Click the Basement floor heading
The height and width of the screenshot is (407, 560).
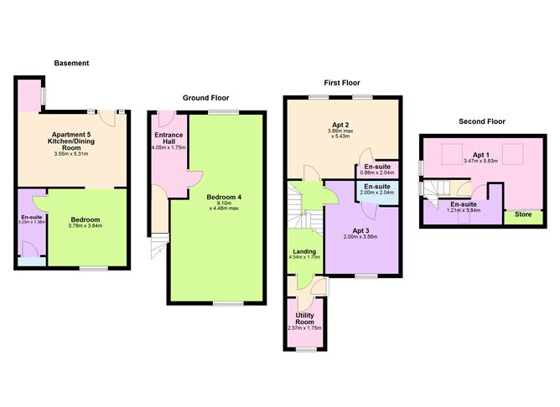pos(71,64)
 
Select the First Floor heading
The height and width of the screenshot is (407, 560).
pos(342,82)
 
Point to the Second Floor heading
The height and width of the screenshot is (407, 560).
pos(481,121)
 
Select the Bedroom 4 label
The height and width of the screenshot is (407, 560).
pos(223,197)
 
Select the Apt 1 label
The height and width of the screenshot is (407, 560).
pos(480,155)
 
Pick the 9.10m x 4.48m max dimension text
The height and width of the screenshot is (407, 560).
pos(223,205)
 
